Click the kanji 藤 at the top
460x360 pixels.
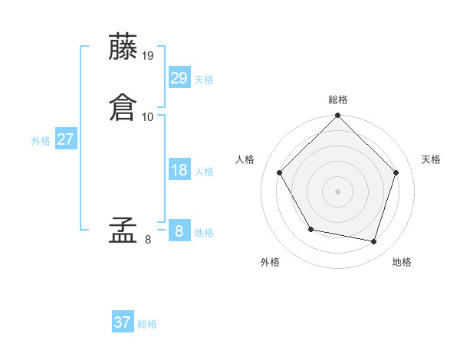click(x=124, y=47)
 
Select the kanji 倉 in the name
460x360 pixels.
click(x=124, y=106)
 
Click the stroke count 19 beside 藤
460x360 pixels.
click(x=149, y=56)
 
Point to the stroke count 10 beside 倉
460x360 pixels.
click(x=149, y=116)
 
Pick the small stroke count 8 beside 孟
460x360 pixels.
click(x=147, y=240)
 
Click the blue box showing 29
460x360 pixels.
click(x=179, y=77)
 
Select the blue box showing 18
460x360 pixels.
click(x=179, y=170)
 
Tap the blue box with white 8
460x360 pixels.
click(x=179, y=231)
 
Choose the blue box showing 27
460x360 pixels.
click(x=65, y=139)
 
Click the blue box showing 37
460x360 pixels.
click(x=123, y=322)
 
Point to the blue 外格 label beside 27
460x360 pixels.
click(x=41, y=141)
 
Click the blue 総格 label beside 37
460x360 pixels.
click(x=148, y=324)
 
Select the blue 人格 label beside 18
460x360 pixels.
click(x=204, y=172)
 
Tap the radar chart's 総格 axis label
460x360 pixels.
click(x=338, y=100)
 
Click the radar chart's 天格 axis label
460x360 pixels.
click(x=432, y=159)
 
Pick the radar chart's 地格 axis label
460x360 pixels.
click(x=402, y=262)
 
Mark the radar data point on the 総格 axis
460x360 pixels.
click(x=338, y=116)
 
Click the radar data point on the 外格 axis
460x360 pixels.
click(x=310, y=229)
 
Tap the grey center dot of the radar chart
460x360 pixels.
click(x=338, y=191)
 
